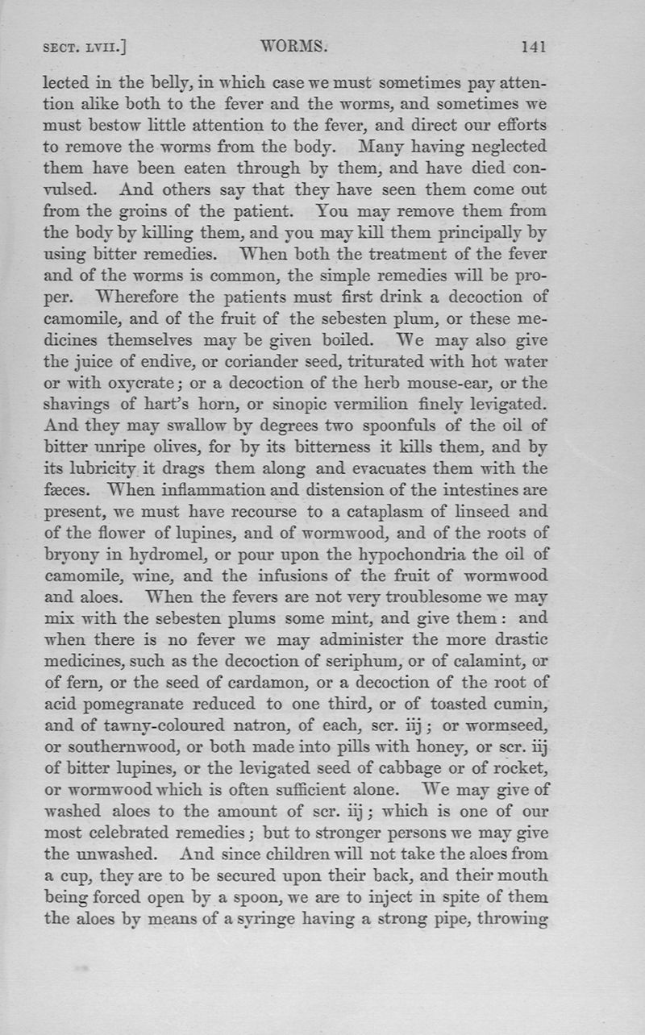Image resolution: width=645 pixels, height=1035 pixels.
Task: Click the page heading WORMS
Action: coord(294,48)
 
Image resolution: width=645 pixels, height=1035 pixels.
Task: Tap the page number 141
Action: coord(534,48)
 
